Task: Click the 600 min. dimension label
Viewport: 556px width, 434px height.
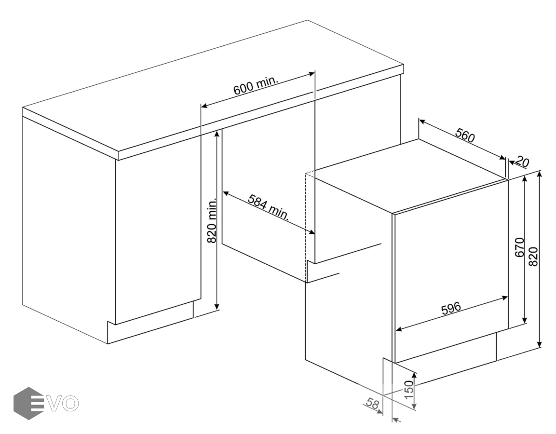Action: tap(255, 85)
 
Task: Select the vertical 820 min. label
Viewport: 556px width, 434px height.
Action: tap(212, 220)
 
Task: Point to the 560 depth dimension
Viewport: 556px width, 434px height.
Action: tap(465, 135)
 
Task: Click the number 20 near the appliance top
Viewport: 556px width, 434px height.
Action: tap(522, 162)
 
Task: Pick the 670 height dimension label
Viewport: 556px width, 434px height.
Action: tap(519, 247)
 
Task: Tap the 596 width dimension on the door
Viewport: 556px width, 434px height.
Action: tap(451, 308)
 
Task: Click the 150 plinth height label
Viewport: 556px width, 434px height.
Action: tap(409, 389)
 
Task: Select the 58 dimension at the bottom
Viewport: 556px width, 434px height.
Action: tap(372, 404)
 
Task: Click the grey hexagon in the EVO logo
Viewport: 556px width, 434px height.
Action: tap(29, 403)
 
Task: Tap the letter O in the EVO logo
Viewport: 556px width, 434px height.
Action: tap(69, 404)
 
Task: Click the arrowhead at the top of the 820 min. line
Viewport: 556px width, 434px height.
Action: tap(217, 135)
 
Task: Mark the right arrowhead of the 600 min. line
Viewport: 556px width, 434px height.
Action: tap(311, 74)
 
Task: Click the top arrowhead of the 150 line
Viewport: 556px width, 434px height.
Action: tap(415, 376)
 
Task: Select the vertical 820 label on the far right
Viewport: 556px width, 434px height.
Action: tap(533, 257)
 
